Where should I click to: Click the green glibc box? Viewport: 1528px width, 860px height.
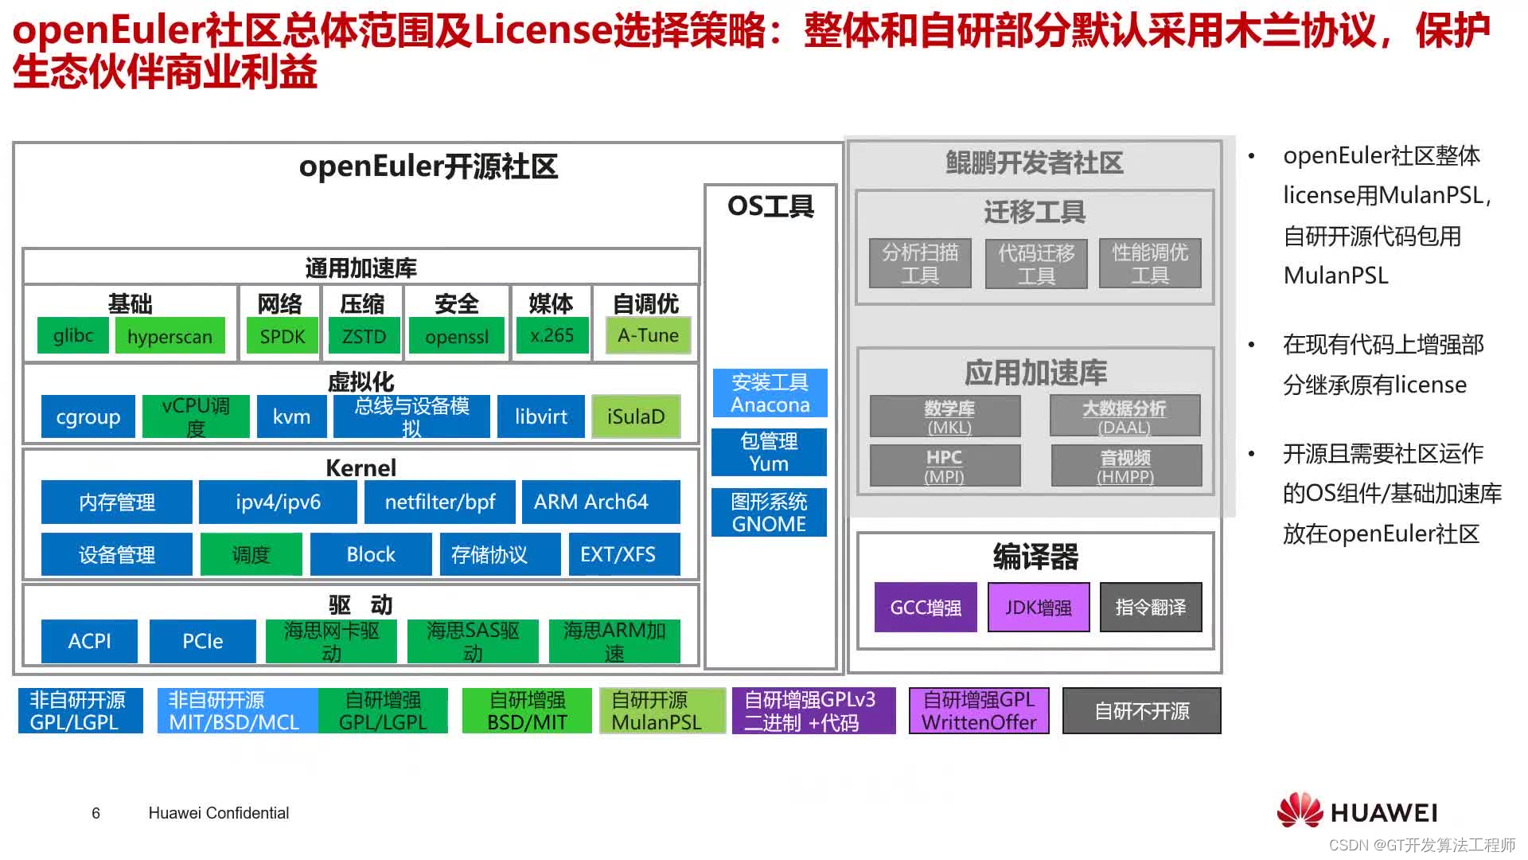pyautogui.click(x=73, y=336)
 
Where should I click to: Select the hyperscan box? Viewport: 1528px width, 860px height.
pyautogui.click(x=170, y=336)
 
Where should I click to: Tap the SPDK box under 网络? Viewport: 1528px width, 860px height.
pyautogui.click(x=283, y=336)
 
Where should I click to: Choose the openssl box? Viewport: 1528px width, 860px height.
pyautogui.click(x=457, y=336)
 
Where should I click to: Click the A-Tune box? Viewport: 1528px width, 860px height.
pyautogui.click(x=648, y=336)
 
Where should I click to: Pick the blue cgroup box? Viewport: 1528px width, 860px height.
pyautogui.click(x=88, y=416)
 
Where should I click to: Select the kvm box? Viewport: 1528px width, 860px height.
pyautogui.click(x=291, y=416)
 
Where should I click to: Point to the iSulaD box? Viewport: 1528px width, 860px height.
pyautogui.click(x=636, y=416)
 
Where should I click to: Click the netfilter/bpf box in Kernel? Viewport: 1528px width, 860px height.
pyautogui.click(x=439, y=502)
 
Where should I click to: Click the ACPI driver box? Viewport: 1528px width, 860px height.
pyautogui.click(x=89, y=641)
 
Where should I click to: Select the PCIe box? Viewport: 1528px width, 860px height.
pyautogui.click(x=203, y=641)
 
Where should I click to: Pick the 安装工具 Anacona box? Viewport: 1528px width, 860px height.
pyautogui.click(x=770, y=393)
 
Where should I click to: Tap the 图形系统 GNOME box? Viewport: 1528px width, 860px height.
pyautogui.click(x=769, y=513)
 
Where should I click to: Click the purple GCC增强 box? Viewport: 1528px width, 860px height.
pyautogui.click(x=926, y=608)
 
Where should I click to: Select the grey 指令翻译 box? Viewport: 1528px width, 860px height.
pyautogui.click(x=1151, y=608)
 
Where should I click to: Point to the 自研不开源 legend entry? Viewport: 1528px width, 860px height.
pyautogui.click(x=1141, y=711)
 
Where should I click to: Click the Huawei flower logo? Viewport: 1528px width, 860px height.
pyautogui.click(x=1300, y=811)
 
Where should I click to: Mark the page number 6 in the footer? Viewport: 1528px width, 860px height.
pyautogui.click(x=96, y=813)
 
